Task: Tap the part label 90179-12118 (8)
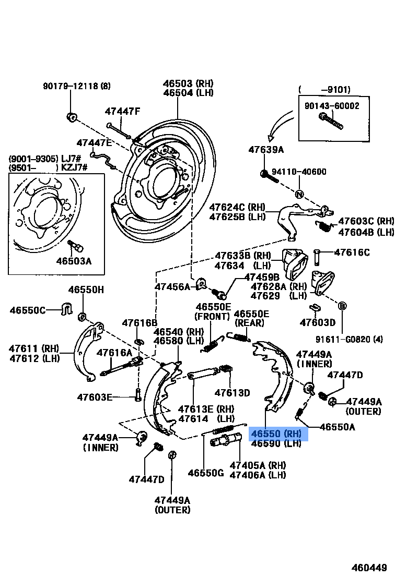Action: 77,86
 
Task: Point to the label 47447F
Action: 122,111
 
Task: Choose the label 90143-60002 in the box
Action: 332,105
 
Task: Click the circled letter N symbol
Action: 300,195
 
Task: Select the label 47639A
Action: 266,150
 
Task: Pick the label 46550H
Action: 86,290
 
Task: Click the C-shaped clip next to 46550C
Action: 66,308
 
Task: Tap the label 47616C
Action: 352,252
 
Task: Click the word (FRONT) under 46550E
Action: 212,316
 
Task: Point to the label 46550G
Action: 206,473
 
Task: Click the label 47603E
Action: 95,397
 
